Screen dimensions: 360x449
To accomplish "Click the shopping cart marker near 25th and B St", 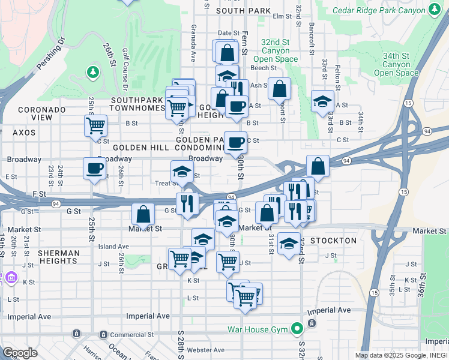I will (x=95, y=126).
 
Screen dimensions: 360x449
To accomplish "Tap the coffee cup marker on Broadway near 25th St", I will (x=94, y=169).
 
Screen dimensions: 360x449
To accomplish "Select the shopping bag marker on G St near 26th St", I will (x=143, y=214).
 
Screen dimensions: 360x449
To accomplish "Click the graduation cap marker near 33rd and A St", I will (x=322, y=101).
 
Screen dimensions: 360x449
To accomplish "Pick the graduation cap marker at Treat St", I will (x=182, y=172).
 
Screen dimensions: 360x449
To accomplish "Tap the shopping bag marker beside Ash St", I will (x=279, y=89).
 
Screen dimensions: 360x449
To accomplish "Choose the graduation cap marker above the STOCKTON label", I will (x=289, y=244).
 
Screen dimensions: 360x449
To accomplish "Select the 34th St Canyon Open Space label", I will (x=396, y=65).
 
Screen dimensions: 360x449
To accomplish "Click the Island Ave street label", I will (x=113, y=247).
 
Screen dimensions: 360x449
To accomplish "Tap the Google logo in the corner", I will (x=20, y=353).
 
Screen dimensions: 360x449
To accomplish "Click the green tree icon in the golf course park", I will (x=92, y=73).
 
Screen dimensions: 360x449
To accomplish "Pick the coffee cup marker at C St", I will (x=235, y=143).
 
